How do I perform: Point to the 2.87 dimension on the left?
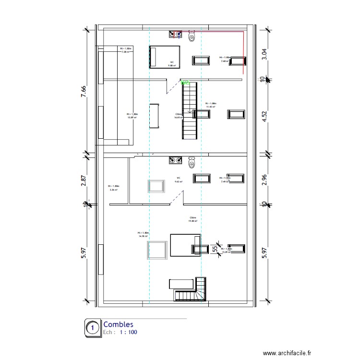point(83,180)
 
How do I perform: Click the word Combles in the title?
point(118,325)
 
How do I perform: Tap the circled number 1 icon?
point(92,328)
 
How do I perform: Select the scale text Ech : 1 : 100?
point(120,332)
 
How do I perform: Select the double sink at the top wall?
point(176,34)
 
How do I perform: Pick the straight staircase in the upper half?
point(189,110)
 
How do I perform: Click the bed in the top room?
point(164,57)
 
